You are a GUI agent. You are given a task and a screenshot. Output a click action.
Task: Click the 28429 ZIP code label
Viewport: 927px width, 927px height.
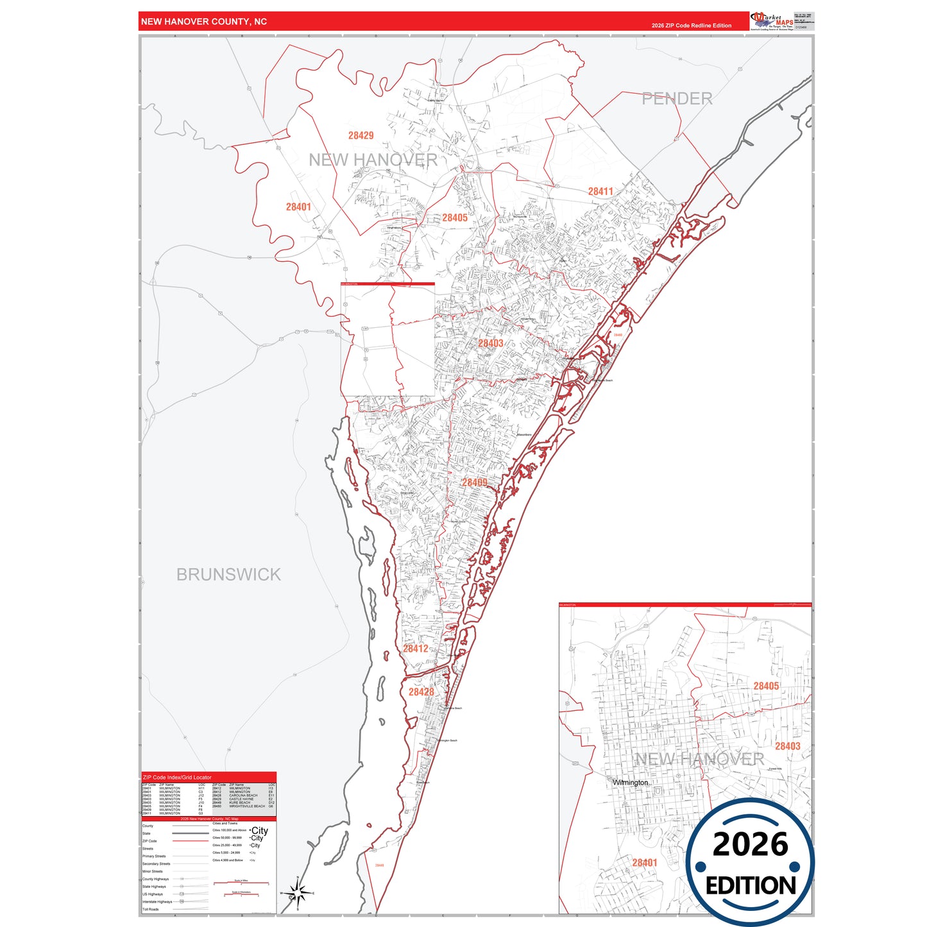361,135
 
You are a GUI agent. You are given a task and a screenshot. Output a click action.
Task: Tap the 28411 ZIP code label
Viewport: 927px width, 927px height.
600,191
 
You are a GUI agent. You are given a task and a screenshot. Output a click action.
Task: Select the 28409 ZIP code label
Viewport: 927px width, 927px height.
475,482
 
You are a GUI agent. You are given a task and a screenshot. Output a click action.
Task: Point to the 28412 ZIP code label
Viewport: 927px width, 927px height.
415,649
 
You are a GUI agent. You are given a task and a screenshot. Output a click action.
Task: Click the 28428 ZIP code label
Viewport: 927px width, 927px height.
421,692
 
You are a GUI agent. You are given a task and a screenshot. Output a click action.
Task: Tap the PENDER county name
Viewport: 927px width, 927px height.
677,99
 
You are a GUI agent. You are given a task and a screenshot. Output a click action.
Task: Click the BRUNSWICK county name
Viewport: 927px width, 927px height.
228,574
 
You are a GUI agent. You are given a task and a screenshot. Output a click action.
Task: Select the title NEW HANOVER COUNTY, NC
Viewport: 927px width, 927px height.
204,22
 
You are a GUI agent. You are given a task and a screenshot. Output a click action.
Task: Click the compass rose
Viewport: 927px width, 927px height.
297,892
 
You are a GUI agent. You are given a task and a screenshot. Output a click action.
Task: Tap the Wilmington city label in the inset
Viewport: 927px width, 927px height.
631,783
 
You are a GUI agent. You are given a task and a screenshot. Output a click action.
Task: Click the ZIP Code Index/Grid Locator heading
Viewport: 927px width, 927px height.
177,778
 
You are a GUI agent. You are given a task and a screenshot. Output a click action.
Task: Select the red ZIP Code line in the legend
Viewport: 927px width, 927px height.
191,841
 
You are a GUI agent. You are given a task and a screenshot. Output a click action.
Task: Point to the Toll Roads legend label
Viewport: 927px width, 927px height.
151,909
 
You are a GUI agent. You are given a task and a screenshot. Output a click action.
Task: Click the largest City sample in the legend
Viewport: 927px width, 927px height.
260,831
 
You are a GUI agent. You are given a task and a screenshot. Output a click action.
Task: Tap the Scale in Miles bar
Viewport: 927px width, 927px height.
241,883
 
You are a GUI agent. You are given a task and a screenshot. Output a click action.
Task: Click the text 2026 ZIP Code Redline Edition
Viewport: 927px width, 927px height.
691,26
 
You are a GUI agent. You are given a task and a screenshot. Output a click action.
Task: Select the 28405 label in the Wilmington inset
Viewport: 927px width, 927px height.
766,686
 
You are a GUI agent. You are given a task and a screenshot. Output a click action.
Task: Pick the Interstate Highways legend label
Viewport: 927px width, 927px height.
157,901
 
